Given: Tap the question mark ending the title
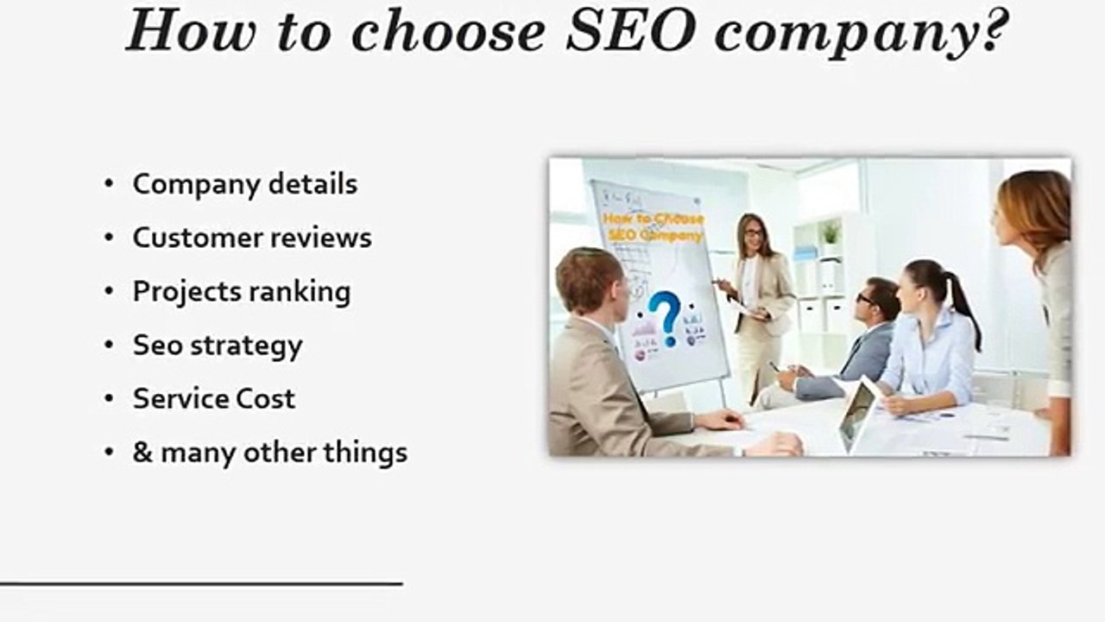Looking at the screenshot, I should tap(994, 33).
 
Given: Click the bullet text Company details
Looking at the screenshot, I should tap(244, 184).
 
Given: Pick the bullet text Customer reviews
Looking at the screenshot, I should tap(252, 238).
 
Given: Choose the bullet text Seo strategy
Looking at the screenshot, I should tap(218, 346).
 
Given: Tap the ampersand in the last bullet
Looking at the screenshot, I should tap(142, 453).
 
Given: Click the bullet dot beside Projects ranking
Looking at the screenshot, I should tap(109, 292).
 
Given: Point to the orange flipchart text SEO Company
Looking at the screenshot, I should tap(654, 235).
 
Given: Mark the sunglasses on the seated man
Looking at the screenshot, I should tap(865, 299).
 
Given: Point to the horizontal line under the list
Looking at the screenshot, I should tap(201, 584).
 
